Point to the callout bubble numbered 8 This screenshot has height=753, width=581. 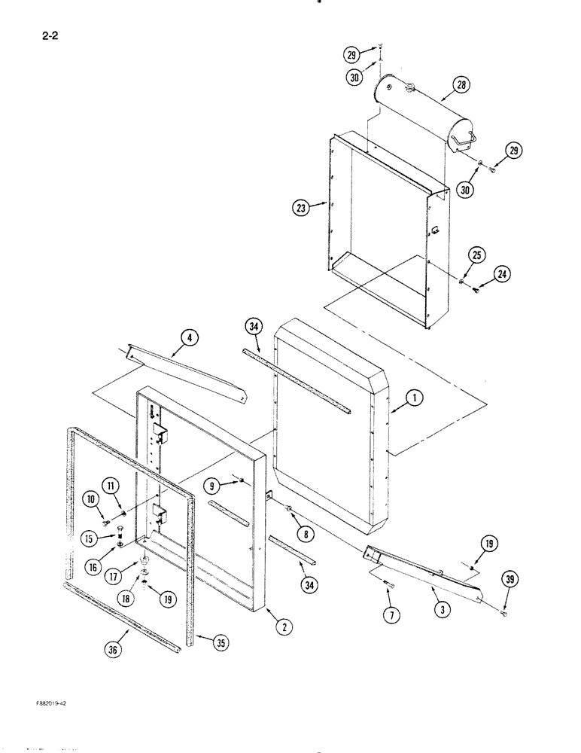pyautogui.click(x=305, y=534)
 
